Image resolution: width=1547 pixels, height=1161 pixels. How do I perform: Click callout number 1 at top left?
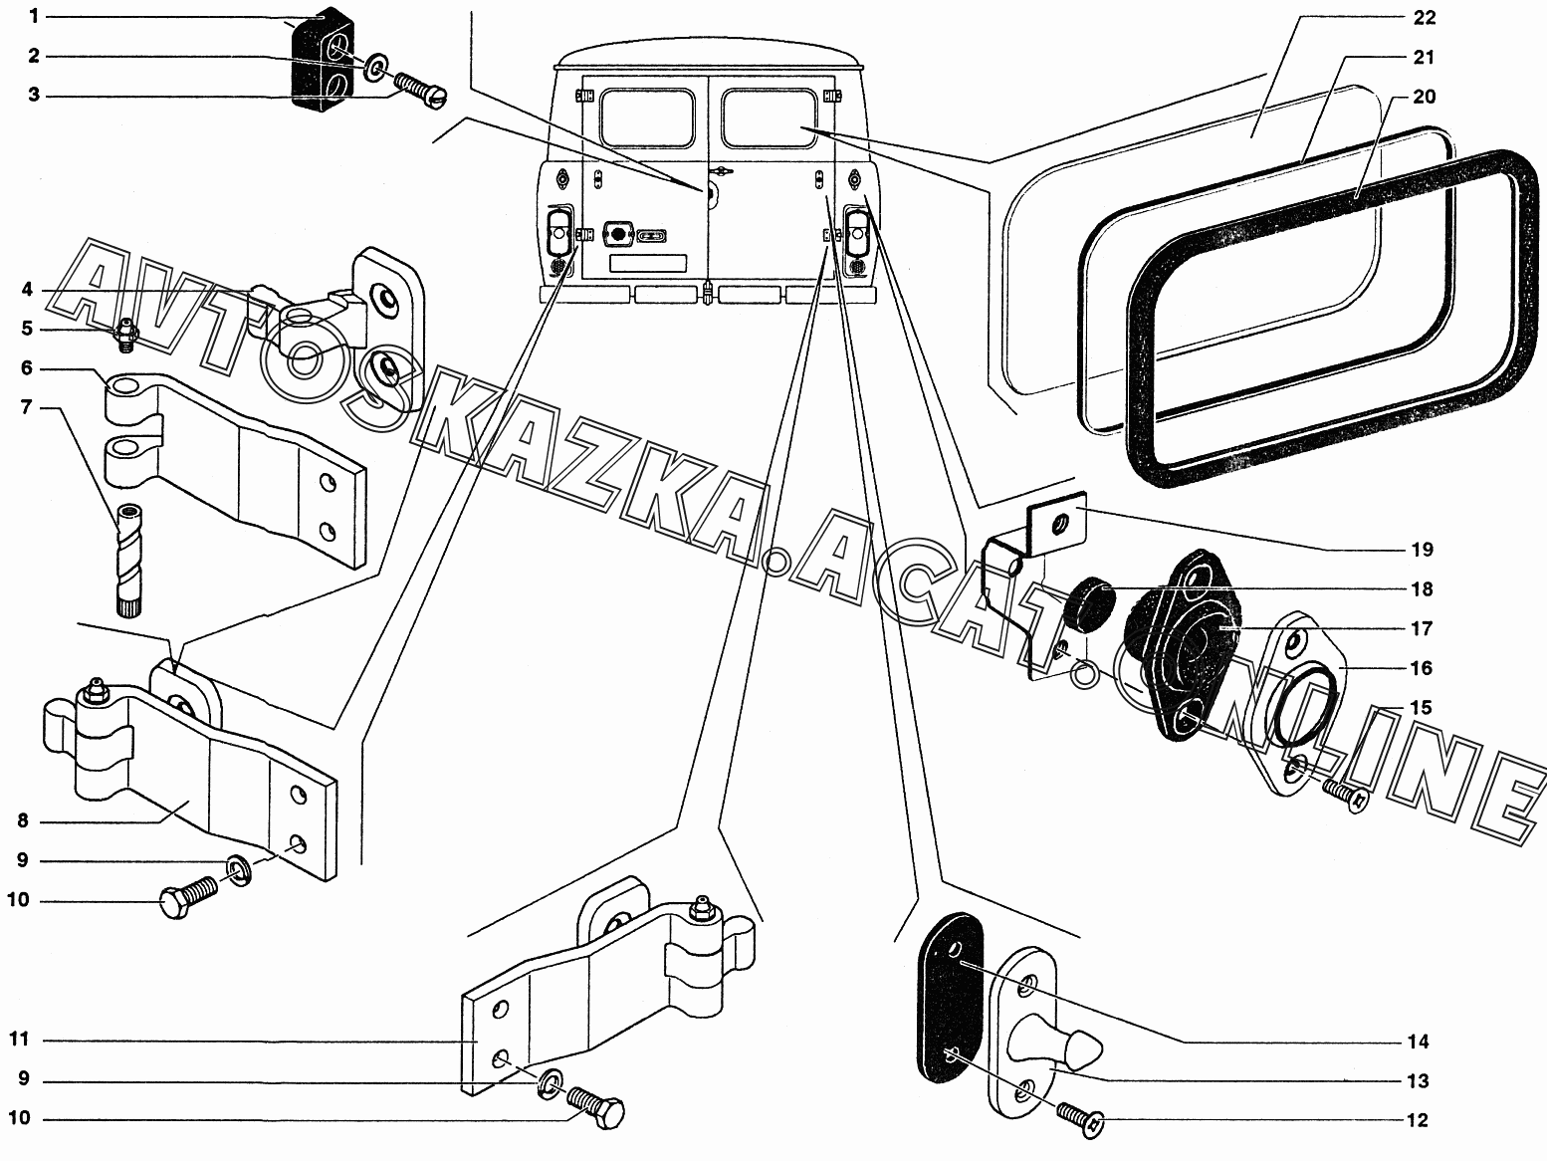[x=33, y=16]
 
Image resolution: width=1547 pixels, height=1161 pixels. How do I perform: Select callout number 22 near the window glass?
[x=1425, y=17]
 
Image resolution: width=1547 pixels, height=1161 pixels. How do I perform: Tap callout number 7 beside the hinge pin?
[x=26, y=407]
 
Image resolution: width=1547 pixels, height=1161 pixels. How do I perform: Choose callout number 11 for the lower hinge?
[x=20, y=1040]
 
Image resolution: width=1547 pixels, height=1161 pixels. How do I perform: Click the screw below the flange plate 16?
[x=1345, y=793]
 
